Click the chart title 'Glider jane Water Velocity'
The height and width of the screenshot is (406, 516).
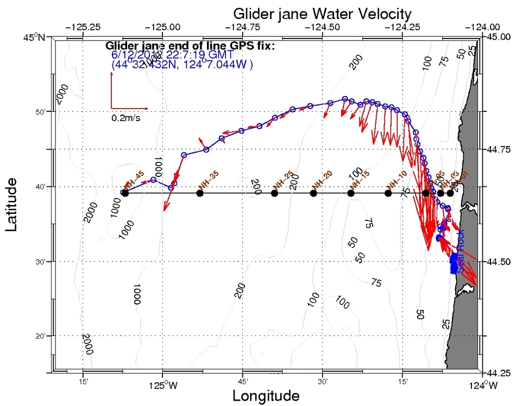pos(322,13)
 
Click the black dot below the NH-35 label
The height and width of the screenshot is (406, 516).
pos(200,193)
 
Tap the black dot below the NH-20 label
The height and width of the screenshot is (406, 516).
pos(313,193)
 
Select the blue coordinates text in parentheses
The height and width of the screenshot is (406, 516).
pos(182,65)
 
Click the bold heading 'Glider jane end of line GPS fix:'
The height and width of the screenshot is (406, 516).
pos(190,46)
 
